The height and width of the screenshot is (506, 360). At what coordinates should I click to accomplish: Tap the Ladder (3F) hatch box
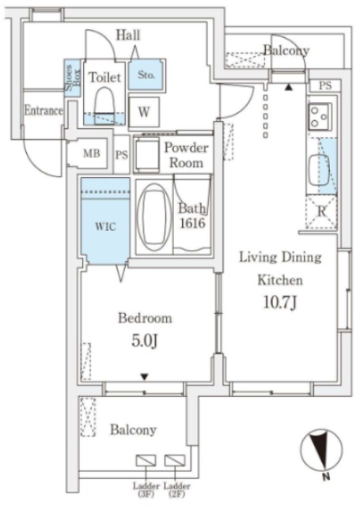(x=146, y=460)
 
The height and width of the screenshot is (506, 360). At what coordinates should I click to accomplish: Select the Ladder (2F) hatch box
(x=175, y=460)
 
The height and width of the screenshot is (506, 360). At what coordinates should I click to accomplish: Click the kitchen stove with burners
(x=320, y=116)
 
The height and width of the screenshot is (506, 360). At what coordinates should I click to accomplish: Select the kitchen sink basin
(x=319, y=171)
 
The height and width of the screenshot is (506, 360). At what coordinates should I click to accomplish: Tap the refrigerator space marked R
(x=321, y=212)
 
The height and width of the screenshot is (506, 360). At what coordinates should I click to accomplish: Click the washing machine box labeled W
(x=144, y=112)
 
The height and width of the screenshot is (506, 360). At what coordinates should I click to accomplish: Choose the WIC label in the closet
(x=105, y=227)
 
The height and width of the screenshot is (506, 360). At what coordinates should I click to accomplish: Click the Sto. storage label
(x=146, y=75)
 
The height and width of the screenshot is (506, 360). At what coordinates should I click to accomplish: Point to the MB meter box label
(x=92, y=153)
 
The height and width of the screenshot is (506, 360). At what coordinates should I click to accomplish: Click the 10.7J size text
(x=280, y=303)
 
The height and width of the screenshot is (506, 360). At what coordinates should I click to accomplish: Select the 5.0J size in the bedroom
(x=144, y=341)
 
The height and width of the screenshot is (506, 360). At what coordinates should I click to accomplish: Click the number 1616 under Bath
(x=192, y=223)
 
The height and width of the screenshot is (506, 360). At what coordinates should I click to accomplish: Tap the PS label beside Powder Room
(x=122, y=155)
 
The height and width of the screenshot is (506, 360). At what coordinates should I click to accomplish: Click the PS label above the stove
(x=325, y=86)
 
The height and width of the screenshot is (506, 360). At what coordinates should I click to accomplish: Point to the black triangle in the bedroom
(x=144, y=376)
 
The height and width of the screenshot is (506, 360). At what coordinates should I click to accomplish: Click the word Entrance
(x=44, y=111)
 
